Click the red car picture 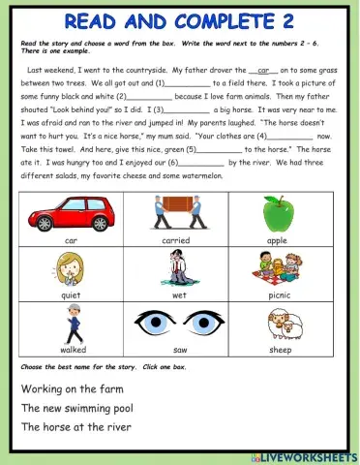(x=70, y=214)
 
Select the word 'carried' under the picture (x=175, y=239)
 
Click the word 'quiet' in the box (x=70, y=294)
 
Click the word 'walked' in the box (x=70, y=351)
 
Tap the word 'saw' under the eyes (x=175, y=351)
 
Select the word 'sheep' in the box (x=279, y=351)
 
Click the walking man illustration (x=70, y=324)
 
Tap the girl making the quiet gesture (x=70, y=268)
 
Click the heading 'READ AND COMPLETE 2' (x=179, y=20)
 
